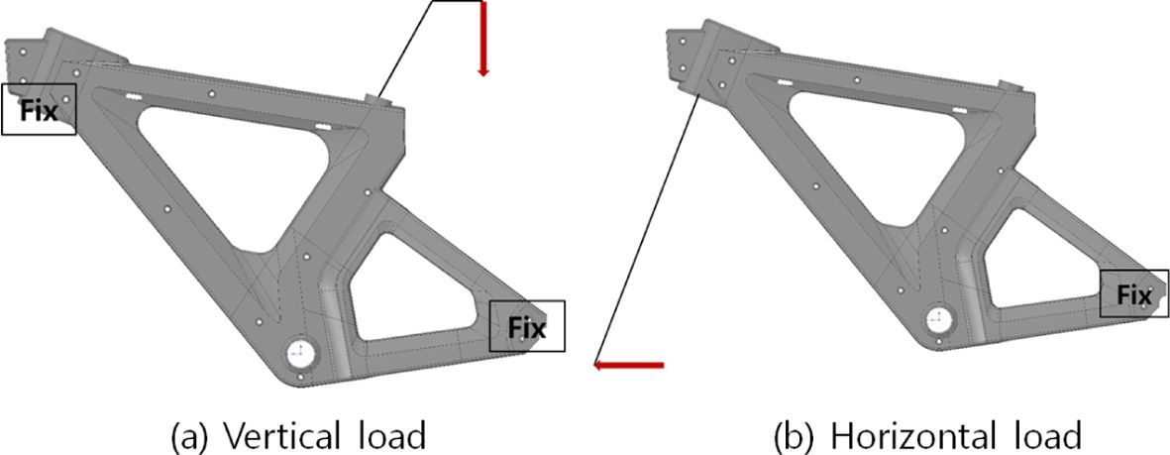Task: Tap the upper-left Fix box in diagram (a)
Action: click(40, 109)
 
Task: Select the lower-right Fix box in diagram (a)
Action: click(527, 326)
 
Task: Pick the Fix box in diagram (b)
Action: click(1134, 293)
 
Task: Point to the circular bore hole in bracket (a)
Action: click(300, 352)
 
